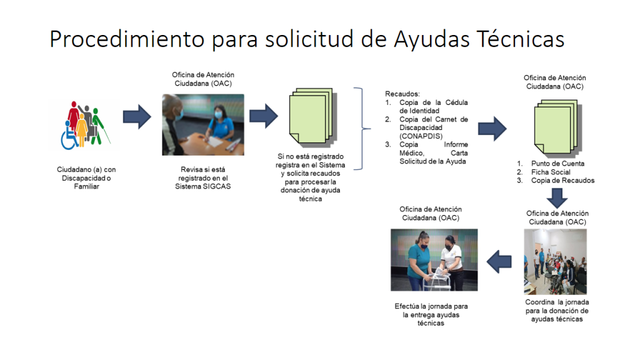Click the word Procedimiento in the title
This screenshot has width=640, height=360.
coord(127,39)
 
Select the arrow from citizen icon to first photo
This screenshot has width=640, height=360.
coord(137,117)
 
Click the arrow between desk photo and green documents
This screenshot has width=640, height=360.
coord(264,116)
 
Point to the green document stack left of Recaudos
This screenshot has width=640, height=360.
coord(313,117)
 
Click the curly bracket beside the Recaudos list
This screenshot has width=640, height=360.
coord(362,129)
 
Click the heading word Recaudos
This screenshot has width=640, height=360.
coord(402,94)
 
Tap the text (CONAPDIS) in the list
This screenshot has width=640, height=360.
coord(421,136)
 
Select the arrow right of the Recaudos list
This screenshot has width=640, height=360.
coord(492,129)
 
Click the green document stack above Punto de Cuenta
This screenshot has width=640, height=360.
coord(558,129)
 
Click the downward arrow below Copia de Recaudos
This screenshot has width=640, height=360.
coord(557,198)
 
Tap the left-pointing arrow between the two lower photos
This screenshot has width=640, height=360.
coord(499,261)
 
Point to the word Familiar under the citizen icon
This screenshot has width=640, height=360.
coord(86,186)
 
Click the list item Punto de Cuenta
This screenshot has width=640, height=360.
coord(557,163)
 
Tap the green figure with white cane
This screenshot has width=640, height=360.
coord(98,126)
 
